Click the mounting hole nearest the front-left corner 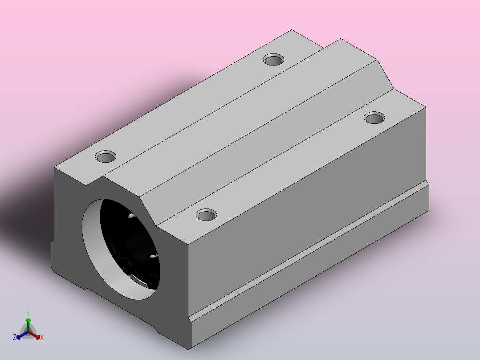(x=106, y=157)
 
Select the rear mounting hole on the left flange (x=273, y=59)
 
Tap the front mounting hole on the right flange (x=206, y=215)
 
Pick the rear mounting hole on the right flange (x=374, y=118)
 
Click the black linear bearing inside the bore (x=130, y=242)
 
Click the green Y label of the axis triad (x=28, y=314)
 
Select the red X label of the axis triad (x=42, y=337)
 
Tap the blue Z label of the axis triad (x=15, y=337)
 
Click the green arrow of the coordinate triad (x=28, y=325)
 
